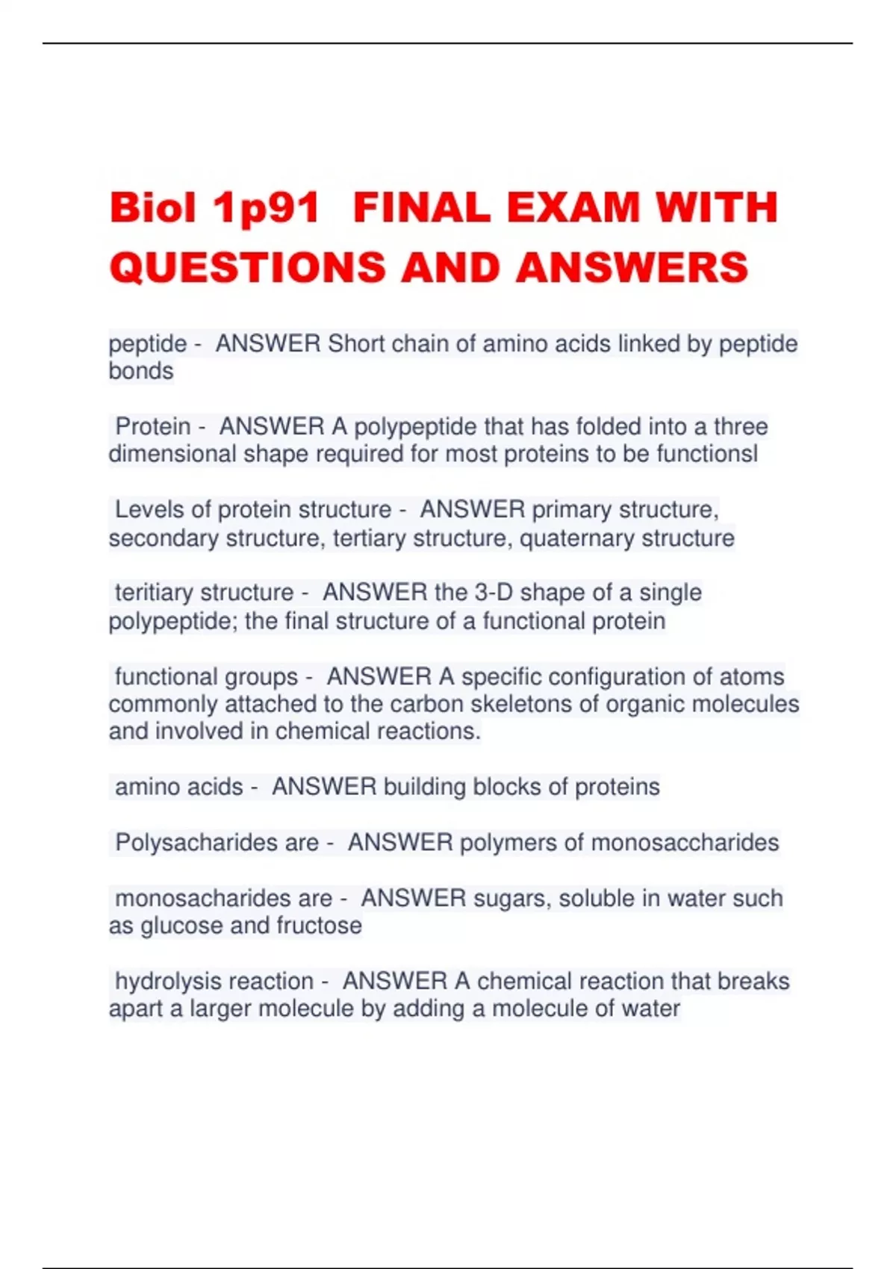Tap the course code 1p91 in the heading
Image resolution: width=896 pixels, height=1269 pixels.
pyautogui.click(x=266, y=209)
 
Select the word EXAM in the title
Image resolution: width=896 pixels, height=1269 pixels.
pyautogui.click(x=573, y=208)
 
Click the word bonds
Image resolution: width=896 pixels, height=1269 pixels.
pyautogui.click(x=141, y=371)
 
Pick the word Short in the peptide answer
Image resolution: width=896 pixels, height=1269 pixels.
pyautogui.click(x=356, y=343)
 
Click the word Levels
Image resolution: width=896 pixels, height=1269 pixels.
pyautogui.click(x=149, y=510)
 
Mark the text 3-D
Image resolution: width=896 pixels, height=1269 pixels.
pyautogui.click(x=494, y=593)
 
